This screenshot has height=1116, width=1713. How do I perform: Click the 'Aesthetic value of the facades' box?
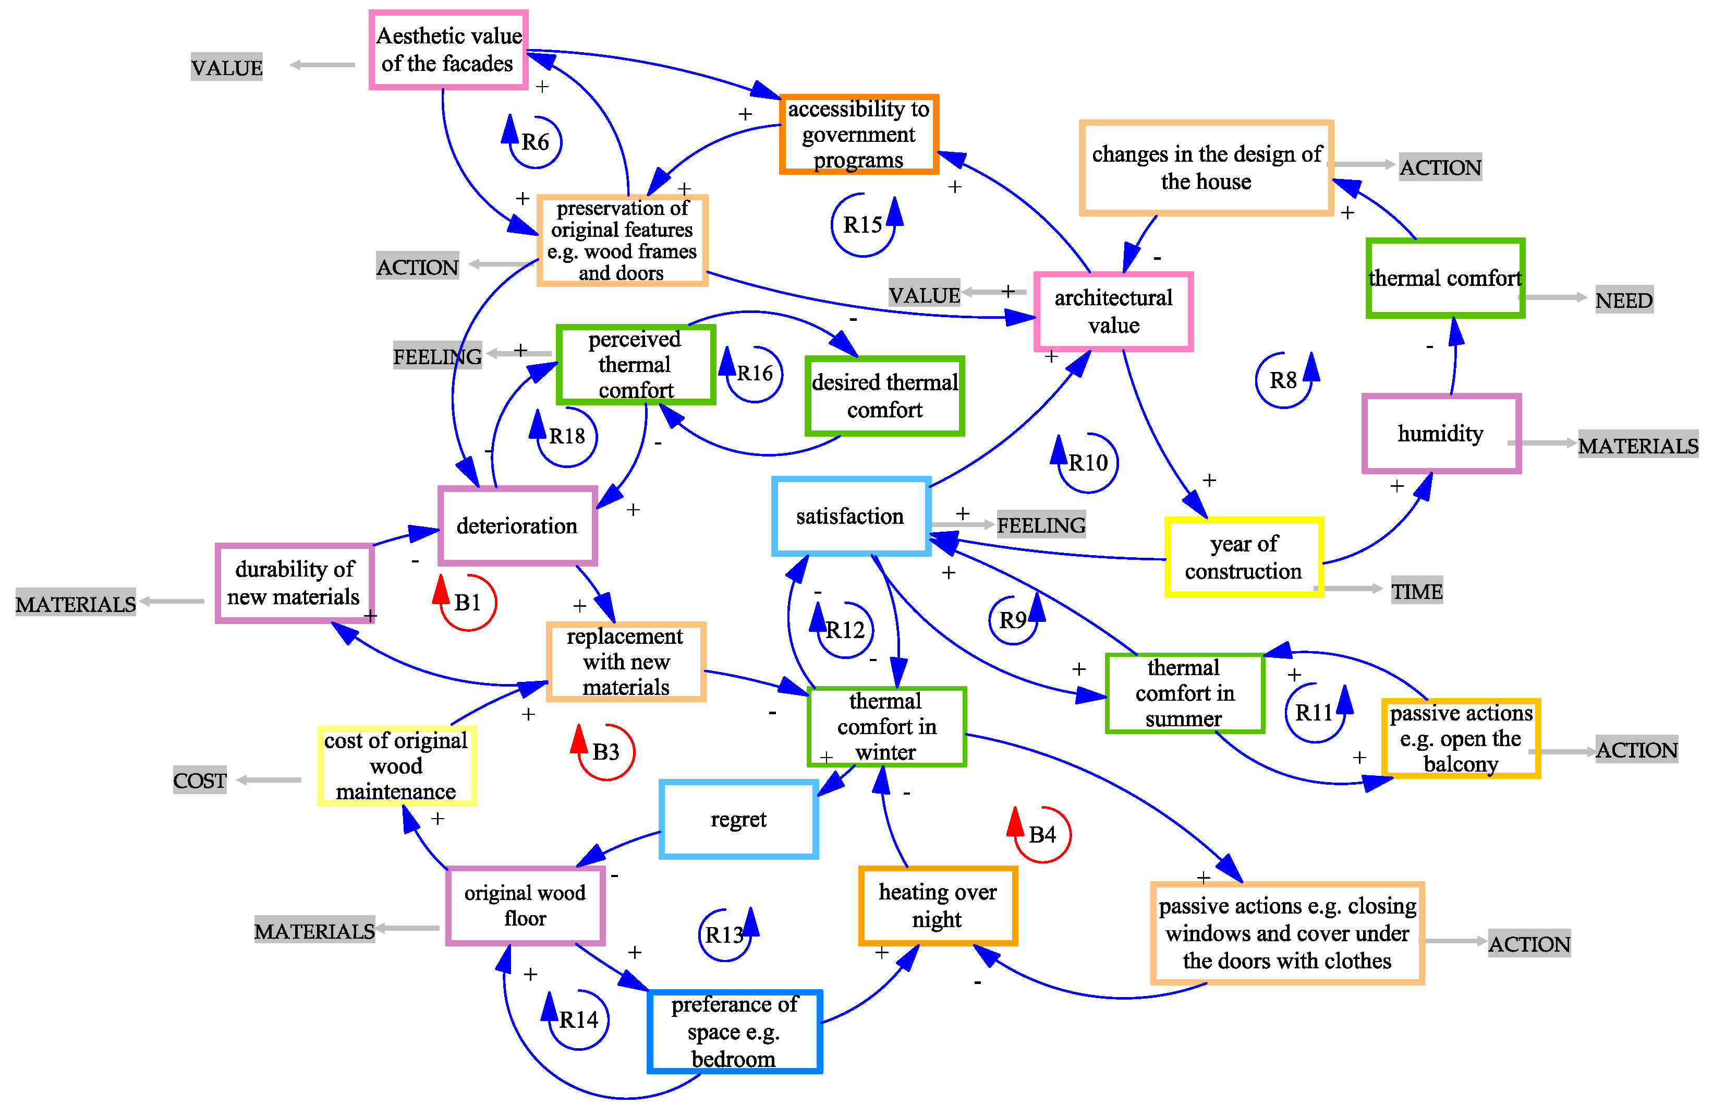coord(448,50)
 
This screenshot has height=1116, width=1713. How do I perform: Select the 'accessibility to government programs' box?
coord(859,134)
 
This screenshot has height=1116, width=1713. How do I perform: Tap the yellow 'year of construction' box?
coord(1243,557)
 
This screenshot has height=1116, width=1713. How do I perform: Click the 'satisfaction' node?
coord(851,516)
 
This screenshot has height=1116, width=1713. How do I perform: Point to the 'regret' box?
coord(738,819)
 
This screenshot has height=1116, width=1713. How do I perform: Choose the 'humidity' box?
coord(1441,434)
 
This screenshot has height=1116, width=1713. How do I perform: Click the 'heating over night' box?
coord(937,906)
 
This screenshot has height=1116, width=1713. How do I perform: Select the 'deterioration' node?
coord(517,525)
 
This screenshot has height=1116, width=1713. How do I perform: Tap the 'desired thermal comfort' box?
coord(884,396)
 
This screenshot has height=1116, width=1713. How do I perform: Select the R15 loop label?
coord(862,225)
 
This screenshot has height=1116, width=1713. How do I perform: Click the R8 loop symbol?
coord(1283,380)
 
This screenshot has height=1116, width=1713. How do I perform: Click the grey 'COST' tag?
coord(199,781)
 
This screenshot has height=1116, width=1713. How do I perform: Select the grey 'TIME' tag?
coord(1416,591)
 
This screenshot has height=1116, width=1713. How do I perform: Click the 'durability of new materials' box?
coord(295,583)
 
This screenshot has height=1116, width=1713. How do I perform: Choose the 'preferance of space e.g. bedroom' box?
coord(734,1031)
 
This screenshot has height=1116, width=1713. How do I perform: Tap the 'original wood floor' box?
coord(525,906)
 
